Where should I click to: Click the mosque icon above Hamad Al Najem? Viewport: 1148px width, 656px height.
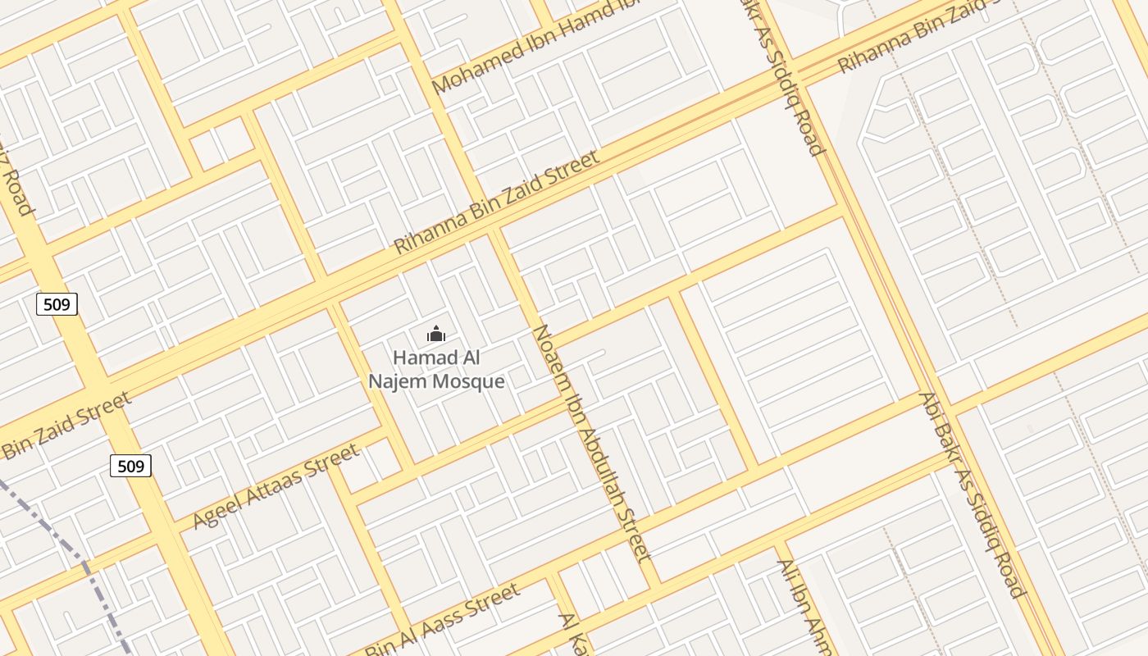(x=435, y=334)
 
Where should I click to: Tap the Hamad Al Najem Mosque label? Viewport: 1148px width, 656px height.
(x=436, y=370)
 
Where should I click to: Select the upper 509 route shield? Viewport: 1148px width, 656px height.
(x=57, y=305)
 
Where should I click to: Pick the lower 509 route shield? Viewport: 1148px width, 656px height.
(x=130, y=467)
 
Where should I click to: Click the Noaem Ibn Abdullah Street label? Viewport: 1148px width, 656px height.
(x=592, y=443)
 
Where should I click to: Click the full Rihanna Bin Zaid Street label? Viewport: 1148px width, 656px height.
(x=497, y=202)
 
